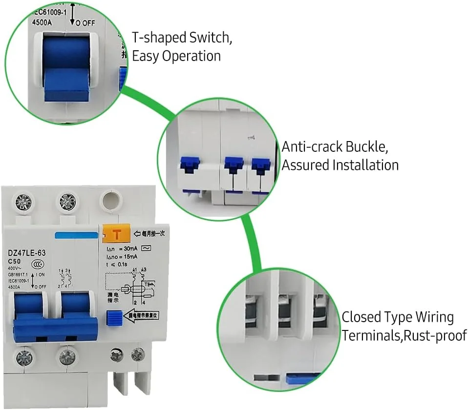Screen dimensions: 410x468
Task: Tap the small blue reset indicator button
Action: [113, 319]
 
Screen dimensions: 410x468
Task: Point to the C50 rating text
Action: [15, 261]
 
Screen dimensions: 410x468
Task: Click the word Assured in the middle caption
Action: [305, 165]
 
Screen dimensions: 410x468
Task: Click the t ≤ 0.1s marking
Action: [117, 263]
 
